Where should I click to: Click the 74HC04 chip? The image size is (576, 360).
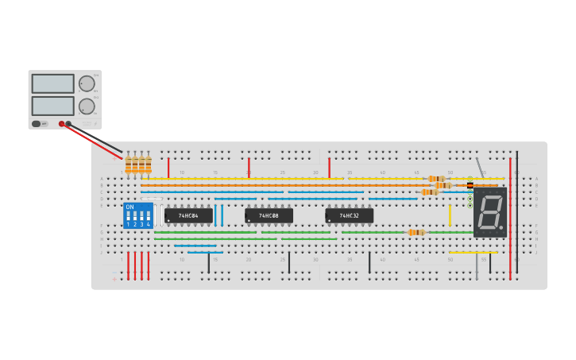click(188, 215)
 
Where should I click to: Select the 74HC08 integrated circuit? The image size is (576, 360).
click(269, 215)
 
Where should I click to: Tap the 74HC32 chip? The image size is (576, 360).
click(349, 215)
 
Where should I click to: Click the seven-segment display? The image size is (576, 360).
click(489, 212)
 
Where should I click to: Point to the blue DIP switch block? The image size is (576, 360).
click(138, 215)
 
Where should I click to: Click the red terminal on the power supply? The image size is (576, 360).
click(61, 124)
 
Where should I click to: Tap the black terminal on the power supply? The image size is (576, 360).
click(68, 124)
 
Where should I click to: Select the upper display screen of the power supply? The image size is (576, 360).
click(53, 83)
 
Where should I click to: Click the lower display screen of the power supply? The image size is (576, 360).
click(53, 106)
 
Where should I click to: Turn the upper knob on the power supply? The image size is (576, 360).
click(87, 83)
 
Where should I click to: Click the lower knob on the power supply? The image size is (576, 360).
click(87, 106)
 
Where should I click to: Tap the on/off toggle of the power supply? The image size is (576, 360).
click(37, 124)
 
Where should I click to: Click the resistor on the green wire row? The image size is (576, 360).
click(416, 232)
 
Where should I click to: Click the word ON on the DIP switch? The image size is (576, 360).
click(130, 207)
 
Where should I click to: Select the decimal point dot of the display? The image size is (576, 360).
click(503, 230)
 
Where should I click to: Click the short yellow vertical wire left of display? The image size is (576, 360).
click(450, 215)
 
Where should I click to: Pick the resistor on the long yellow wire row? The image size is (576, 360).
click(436, 179)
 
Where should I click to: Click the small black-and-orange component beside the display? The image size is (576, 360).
click(470, 185)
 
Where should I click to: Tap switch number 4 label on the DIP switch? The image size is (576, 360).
click(148, 225)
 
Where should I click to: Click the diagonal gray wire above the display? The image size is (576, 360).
click(480, 169)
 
